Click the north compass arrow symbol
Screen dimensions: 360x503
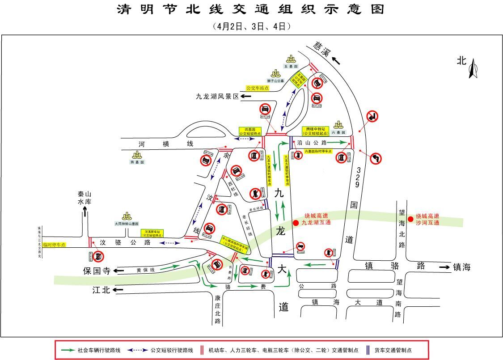[x=473, y=69]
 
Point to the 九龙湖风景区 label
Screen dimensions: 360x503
[x=217, y=96]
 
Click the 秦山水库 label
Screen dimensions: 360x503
[x=84, y=198]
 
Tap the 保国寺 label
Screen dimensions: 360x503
[x=96, y=271]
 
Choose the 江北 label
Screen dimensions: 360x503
[x=101, y=290]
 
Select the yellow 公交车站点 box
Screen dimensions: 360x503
[x=258, y=88]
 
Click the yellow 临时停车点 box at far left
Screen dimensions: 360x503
[x=55, y=245]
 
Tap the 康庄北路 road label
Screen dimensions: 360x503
[x=218, y=309]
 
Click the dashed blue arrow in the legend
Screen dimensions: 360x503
[x=138, y=350]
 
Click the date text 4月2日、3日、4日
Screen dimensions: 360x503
[x=251, y=26]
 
